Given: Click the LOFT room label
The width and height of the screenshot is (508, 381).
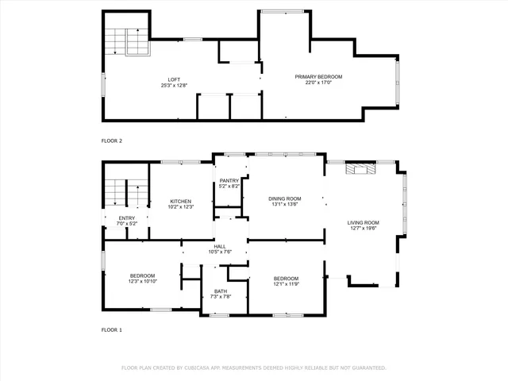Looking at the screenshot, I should [x=173, y=79].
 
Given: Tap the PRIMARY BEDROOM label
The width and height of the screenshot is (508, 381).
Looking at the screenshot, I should [x=318, y=76].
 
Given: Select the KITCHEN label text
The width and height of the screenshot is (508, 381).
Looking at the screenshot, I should [x=181, y=202].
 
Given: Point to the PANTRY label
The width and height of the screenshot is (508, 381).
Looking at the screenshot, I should [x=229, y=181].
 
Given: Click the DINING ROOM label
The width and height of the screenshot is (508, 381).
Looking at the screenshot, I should [x=285, y=198].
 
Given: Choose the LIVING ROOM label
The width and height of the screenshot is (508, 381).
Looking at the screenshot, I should [x=364, y=222].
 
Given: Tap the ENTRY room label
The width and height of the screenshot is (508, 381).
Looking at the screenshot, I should [x=127, y=218].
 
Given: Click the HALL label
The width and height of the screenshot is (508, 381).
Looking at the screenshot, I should [x=220, y=246].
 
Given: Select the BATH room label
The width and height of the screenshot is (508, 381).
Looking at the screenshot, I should [x=221, y=291].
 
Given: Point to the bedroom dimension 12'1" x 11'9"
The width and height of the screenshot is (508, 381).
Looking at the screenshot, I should [x=286, y=283].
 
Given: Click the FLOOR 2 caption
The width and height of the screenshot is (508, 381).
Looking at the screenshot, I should [x=112, y=140].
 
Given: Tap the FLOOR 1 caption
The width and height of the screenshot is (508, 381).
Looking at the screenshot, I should [x=112, y=329].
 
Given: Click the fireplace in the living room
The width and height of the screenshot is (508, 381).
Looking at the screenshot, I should [x=362, y=168].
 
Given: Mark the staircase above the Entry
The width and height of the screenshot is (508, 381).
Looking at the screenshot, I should [x=127, y=193].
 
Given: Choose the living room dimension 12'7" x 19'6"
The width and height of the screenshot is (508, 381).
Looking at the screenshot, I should [x=364, y=228].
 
